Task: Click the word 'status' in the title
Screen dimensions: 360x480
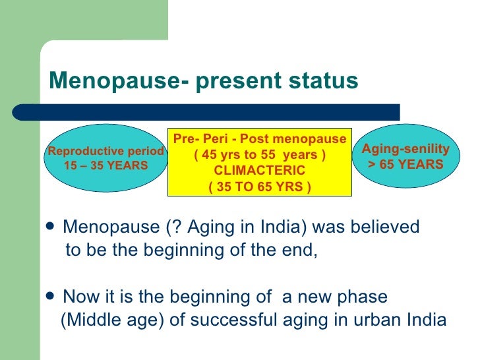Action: coord(322,80)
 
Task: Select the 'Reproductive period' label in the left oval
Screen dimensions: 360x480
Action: coord(105,151)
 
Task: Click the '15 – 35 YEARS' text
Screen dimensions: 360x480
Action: coord(105,165)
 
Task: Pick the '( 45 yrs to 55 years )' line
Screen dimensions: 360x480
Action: coord(260,156)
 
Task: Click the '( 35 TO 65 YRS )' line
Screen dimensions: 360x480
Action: coord(260,187)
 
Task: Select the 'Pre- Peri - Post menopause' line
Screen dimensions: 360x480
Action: coord(260,139)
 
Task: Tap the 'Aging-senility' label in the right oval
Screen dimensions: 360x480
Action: coord(405,150)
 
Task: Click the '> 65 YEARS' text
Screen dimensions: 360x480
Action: coord(405,165)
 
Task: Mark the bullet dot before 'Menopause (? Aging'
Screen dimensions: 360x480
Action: coord(53,227)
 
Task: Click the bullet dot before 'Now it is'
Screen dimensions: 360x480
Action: coord(53,296)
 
